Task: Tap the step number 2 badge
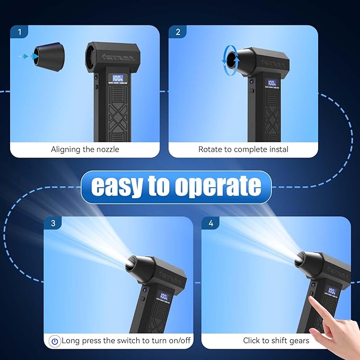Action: [x=178, y=32]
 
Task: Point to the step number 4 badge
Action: [x=210, y=223]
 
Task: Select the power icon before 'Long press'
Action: [x=54, y=341]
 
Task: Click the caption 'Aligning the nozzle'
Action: [x=85, y=150]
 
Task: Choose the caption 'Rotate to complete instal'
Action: [x=243, y=150]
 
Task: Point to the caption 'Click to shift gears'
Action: [x=276, y=340]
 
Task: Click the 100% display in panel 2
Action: [x=272, y=84]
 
